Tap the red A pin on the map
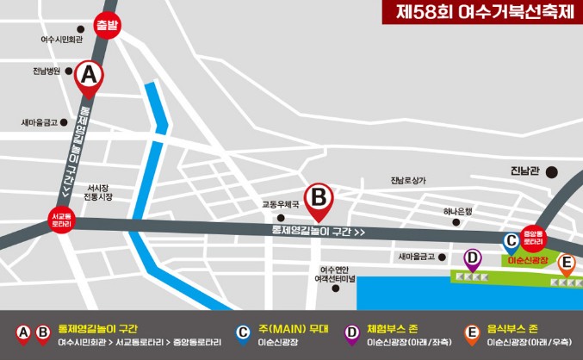click(x=88, y=77)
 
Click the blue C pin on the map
click(x=511, y=242)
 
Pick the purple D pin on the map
click(x=472, y=257)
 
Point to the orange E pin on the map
click(x=566, y=264)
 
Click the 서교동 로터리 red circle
click(x=61, y=220)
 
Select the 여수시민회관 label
click(x=61, y=40)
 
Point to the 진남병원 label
click(x=46, y=71)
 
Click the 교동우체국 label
click(x=281, y=205)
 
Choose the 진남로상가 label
click(x=407, y=180)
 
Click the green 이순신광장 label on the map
click(x=527, y=259)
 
